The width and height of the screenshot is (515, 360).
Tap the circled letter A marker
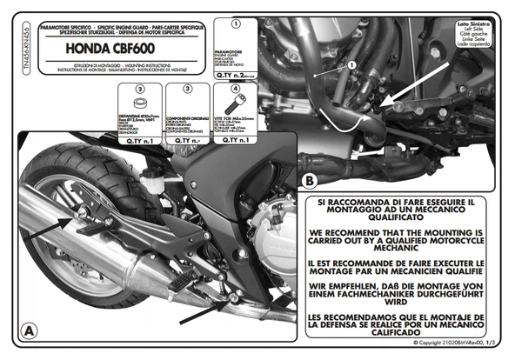[x=29, y=330]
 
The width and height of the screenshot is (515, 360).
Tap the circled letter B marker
[x=309, y=180]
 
